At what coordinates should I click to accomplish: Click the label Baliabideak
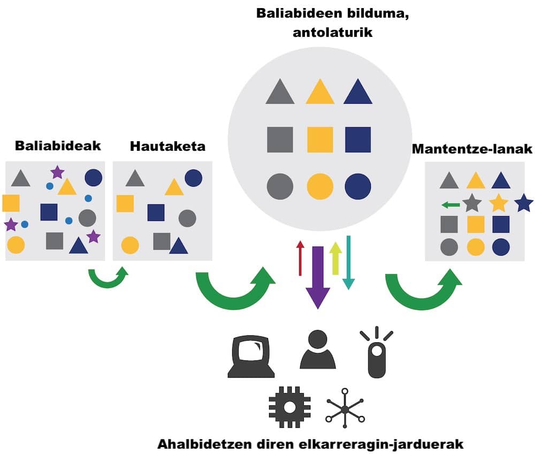(x=58, y=145)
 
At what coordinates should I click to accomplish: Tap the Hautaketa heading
(x=167, y=145)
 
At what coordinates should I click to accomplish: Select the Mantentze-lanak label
(x=473, y=149)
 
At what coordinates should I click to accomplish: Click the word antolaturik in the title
(x=332, y=32)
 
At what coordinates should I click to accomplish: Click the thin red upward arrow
(x=300, y=258)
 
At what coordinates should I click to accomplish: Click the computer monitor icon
(x=251, y=356)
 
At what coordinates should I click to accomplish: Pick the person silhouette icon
(x=317, y=350)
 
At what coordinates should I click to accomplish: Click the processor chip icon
(x=289, y=407)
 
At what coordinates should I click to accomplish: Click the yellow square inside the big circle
(x=320, y=140)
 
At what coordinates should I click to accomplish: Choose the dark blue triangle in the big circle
(x=358, y=93)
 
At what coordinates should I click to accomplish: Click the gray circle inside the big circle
(x=280, y=187)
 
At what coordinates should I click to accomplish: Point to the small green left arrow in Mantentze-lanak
(x=450, y=204)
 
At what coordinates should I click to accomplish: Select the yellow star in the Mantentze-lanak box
(x=499, y=203)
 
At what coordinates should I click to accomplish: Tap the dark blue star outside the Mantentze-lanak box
(x=523, y=203)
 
